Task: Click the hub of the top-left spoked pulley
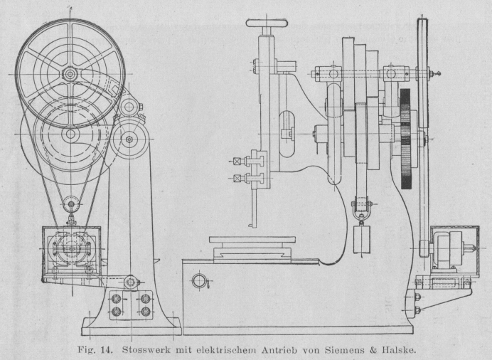pyautogui.click(x=70, y=73)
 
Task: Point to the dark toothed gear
pyautogui.click(x=406, y=139)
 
